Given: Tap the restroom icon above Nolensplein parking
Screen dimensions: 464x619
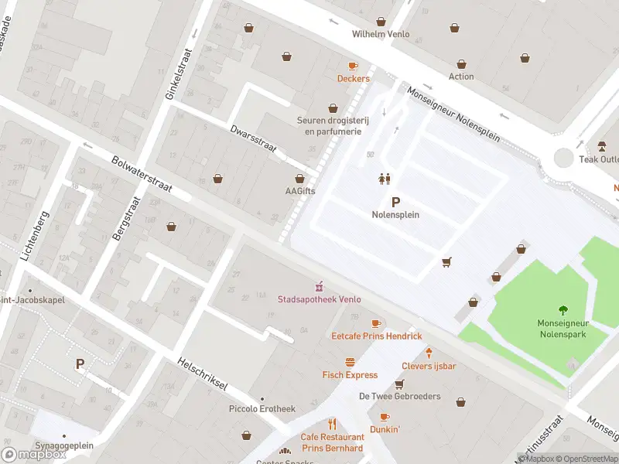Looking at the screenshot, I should (384, 179).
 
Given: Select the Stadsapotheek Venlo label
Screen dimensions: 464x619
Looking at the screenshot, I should (319, 299).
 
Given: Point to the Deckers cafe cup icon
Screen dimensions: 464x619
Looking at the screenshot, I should (353, 67).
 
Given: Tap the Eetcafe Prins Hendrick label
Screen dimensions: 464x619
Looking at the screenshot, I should (376, 336).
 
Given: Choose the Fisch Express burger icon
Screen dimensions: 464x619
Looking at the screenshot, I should (350, 362).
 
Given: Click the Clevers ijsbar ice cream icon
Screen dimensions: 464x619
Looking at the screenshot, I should (428, 353).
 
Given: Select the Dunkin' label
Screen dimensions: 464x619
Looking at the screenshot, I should (385, 429).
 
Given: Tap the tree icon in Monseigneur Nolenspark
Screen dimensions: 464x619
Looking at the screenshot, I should (562, 310).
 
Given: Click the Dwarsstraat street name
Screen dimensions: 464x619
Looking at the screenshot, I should (253, 140).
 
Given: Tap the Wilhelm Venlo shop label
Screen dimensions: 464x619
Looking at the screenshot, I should (380, 34).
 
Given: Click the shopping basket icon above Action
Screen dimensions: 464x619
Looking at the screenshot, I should (461, 64).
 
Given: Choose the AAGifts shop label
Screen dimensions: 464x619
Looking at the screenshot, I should (299, 192).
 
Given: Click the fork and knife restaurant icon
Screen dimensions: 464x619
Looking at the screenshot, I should (332, 424).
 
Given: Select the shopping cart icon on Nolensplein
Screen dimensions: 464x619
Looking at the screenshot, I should (446, 263).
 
